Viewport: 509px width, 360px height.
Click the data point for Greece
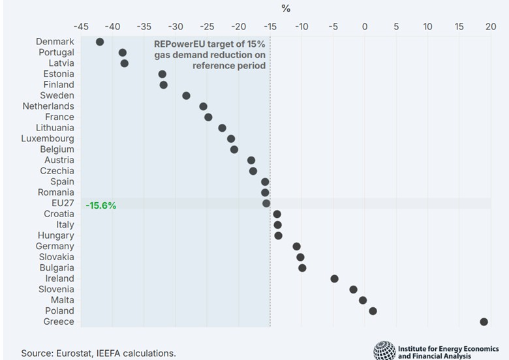pos(484,322)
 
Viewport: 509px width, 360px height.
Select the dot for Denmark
pos(100,42)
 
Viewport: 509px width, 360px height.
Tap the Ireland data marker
pos(334,278)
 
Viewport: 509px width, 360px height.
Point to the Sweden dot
pos(186,95)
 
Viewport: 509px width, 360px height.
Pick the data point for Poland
pos(373,310)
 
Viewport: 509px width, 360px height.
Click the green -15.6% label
pos(101,205)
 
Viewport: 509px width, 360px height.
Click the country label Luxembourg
pos(48,138)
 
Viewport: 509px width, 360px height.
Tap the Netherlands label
pos(48,106)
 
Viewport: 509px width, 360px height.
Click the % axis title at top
pos(286,8)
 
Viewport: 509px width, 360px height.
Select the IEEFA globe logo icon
pos(384,350)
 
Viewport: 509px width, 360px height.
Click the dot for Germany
pos(296,246)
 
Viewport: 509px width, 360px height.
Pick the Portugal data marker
pos(122,53)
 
